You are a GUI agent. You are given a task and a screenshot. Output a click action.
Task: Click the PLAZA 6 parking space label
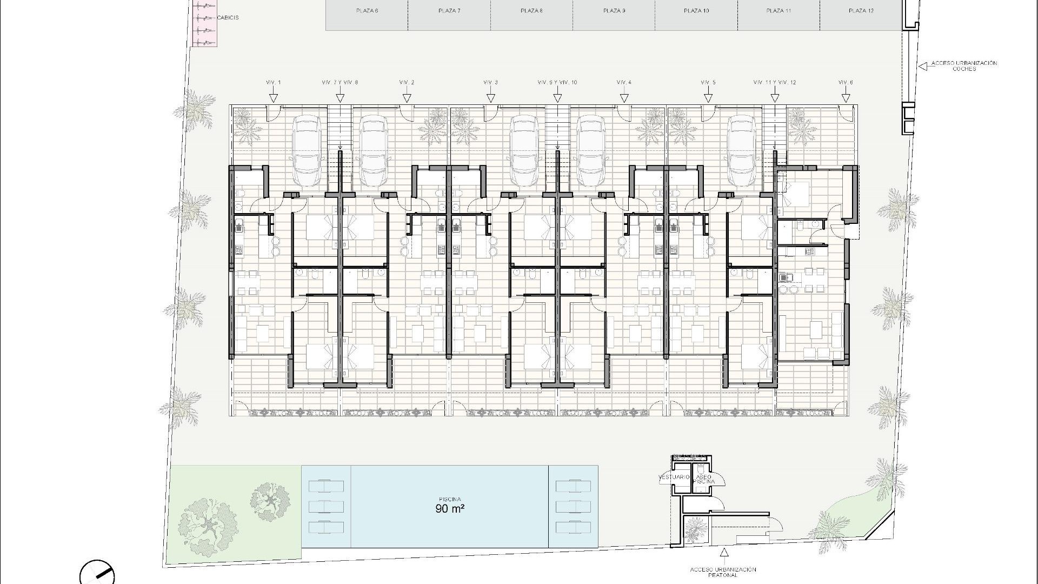(367, 11)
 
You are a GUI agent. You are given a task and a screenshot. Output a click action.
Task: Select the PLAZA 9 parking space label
(614, 11)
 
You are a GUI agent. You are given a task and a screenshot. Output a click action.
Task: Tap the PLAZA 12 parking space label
(861, 11)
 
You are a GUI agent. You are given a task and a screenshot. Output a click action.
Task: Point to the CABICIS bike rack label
(228, 18)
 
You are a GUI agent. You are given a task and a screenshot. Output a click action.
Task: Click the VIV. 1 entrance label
(274, 83)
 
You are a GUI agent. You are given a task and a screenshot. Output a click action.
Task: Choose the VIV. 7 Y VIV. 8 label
(340, 83)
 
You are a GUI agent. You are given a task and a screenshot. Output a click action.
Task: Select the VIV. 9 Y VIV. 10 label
(557, 83)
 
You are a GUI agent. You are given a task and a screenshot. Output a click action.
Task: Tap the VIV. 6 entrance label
(846, 83)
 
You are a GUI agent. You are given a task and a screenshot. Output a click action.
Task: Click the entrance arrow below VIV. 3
(491, 98)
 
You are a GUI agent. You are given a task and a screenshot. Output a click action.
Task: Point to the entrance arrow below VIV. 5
(708, 98)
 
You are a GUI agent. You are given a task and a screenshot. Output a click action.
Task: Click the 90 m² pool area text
(450, 508)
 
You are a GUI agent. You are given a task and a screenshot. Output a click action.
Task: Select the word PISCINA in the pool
(450, 500)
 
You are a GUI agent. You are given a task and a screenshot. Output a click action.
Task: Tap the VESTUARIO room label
(674, 477)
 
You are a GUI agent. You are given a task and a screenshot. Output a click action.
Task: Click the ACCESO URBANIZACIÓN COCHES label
(964, 66)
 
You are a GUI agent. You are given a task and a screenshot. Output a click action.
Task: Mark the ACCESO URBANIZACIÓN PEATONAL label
(723, 572)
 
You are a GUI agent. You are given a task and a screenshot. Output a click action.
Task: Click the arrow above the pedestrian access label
(723, 553)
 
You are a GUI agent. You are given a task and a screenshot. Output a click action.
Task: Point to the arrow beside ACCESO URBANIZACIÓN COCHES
(922, 66)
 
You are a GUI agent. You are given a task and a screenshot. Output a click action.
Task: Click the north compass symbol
(97, 573)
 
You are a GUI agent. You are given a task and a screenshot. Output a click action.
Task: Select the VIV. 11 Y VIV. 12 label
(775, 83)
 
